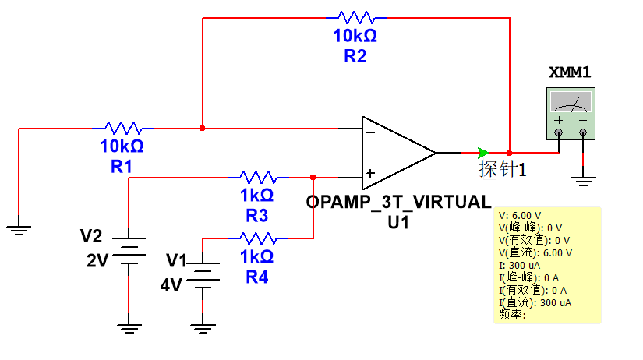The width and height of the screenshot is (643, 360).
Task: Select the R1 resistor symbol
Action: (122, 128)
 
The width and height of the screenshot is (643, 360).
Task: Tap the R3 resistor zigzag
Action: (257, 177)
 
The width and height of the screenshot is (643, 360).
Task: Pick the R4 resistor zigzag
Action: (257, 238)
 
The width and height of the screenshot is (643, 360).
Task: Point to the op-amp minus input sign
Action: (371, 132)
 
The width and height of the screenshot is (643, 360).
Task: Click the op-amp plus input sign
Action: (371, 173)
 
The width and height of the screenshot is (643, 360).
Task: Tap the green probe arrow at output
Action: (484, 152)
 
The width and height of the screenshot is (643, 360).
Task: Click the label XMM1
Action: (570, 73)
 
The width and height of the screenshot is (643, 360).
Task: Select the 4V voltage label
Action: (170, 285)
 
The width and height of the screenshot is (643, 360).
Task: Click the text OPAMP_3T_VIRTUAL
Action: (399, 201)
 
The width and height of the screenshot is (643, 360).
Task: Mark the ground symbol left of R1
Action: (19, 228)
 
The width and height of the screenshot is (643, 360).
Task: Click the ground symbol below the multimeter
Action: (583, 183)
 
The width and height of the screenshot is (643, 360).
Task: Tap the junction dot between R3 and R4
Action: (313, 177)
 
